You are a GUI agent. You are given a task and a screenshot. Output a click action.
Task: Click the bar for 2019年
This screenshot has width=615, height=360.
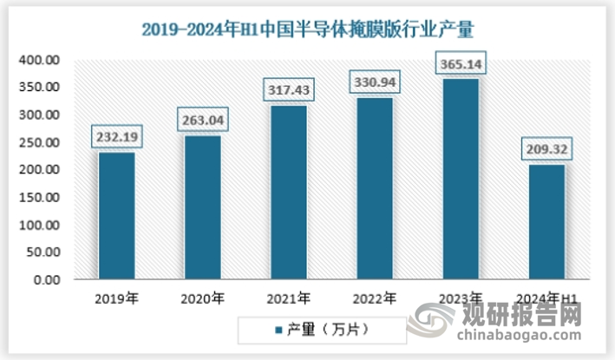pos(116,215)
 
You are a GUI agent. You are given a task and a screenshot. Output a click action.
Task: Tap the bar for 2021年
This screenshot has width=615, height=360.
pos(288,192)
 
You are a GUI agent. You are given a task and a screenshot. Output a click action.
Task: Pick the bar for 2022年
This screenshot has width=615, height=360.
pos(374,188)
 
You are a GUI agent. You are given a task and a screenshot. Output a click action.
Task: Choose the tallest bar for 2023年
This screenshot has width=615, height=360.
pos(460,179)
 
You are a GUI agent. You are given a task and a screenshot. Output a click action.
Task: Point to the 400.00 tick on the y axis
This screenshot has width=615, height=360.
pos(40,60)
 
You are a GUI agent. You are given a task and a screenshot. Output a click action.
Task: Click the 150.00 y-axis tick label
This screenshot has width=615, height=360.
pos(40,198)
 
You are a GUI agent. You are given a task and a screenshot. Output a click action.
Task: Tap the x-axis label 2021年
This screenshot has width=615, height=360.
pos(289,299)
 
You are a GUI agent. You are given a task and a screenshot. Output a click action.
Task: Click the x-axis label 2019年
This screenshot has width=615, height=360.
pos(117,299)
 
